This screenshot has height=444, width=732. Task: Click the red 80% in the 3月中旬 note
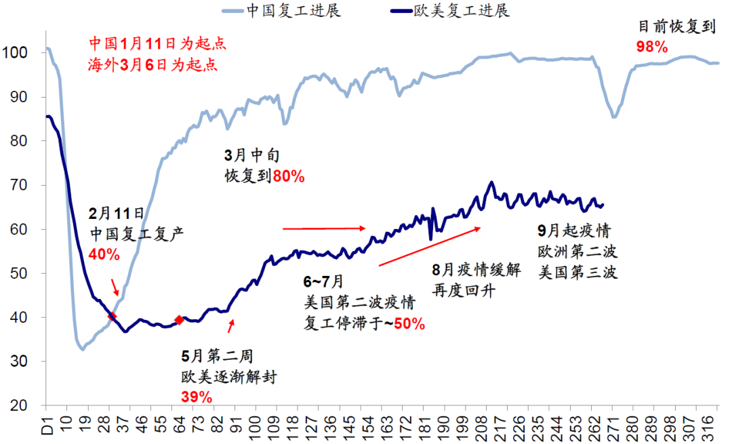[289, 176]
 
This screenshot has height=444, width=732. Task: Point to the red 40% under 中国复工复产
[104, 255]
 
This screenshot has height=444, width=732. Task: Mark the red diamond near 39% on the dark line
[179, 320]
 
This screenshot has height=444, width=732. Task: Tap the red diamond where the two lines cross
[112, 315]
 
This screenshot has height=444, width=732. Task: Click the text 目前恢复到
[678, 27]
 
